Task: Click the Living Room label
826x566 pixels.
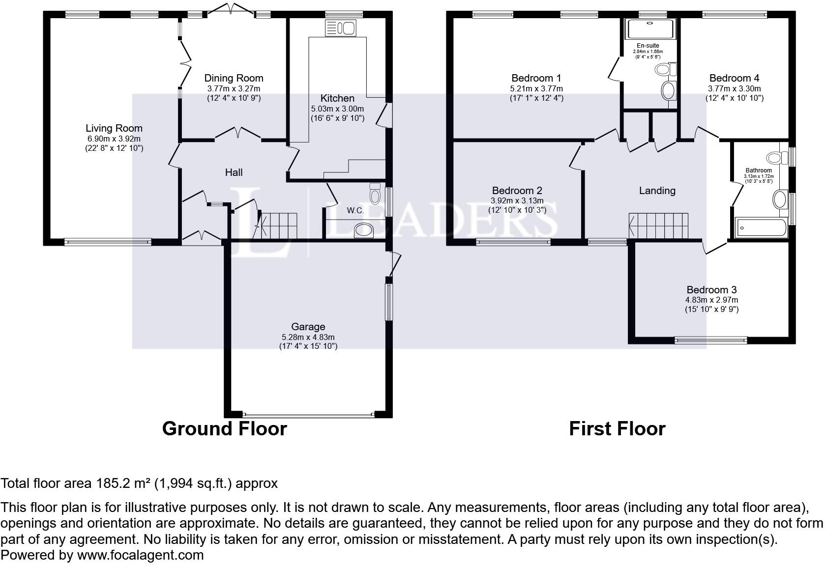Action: [114, 128]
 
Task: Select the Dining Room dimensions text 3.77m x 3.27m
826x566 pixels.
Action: [234, 89]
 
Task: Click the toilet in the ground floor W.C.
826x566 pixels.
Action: [375, 194]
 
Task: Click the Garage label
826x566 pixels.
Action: [308, 327]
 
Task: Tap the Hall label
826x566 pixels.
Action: [234, 172]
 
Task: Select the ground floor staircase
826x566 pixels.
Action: [279, 226]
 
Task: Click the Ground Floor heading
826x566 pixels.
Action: [224, 429]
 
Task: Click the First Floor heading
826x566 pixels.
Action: [617, 429]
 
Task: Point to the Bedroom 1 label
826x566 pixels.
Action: [536, 78]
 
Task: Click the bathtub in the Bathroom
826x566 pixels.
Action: [761, 228]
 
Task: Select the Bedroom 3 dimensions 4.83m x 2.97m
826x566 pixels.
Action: [711, 300]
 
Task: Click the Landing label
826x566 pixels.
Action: [657, 191]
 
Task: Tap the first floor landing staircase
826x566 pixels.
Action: [659, 226]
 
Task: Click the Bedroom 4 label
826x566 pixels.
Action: [734, 78]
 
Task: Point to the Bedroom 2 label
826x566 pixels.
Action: [517, 191]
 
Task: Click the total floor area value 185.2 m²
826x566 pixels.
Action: [122, 483]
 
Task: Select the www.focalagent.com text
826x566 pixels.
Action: [140, 556]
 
